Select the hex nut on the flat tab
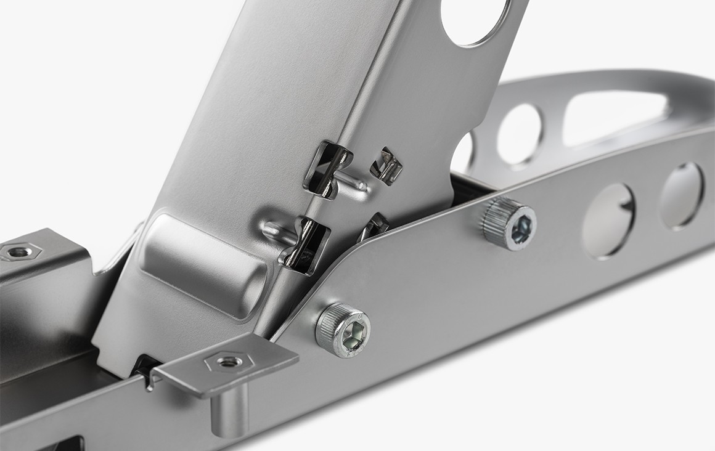(x=229, y=360)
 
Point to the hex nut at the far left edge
(x=19, y=251)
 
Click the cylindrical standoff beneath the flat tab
(x=229, y=409)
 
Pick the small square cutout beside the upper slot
(x=386, y=165)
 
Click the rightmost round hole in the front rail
(x=681, y=195)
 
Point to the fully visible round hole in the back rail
(x=520, y=134)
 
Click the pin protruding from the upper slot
(x=352, y=182)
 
